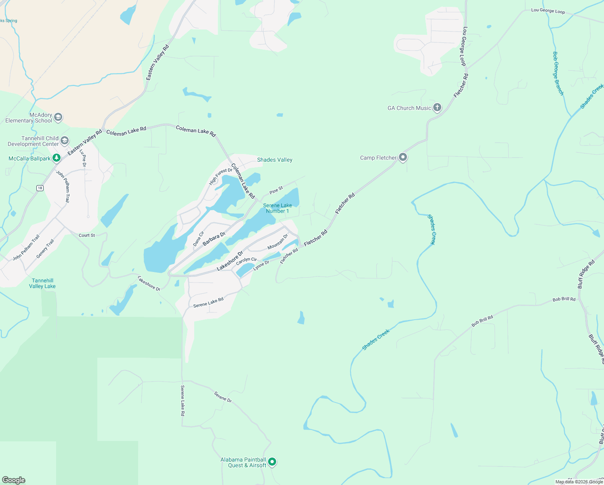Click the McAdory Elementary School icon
click(x=58, y=117)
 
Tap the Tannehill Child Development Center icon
click(x=65, y=141)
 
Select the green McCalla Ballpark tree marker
click(x=57, y=158)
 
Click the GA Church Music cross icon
click(x=437, y=108)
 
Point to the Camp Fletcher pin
click(x=403, y=157)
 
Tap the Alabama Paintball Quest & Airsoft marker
click(x=272, y=462)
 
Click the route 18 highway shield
click(x=40, y=188)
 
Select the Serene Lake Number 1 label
click(x=277, y=208)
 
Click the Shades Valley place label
click(x=275, y=160)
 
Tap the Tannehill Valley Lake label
click(x=42, y=283)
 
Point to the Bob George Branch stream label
click(x=558, y=73)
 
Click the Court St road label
click(x=87, y=235)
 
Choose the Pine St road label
click(x=276, y=190)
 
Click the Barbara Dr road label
click(x=214, y=239)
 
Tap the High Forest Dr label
click(x=220, y=177)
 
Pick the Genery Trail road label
click(x=45, y=249)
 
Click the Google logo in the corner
click(x=14, y=480)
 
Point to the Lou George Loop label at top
click(x=548, y=11)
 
